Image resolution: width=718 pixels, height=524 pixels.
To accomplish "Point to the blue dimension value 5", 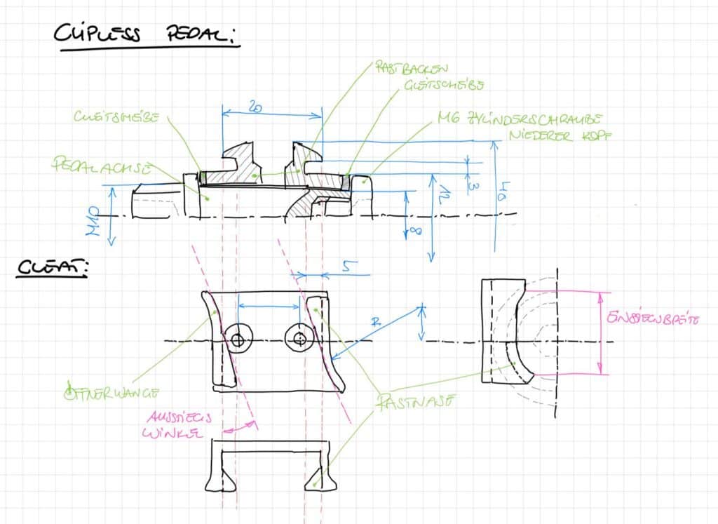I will click(x=348, y=267).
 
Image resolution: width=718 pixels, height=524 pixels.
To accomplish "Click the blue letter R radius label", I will click(x=377, y=323).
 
